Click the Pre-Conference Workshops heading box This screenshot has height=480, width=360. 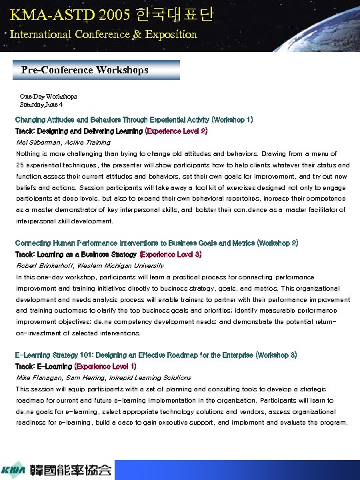97,70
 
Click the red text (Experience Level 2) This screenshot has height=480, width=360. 176,131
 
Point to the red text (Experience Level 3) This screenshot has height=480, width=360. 171,255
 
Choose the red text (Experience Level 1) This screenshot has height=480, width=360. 106,367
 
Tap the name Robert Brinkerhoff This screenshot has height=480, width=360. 42,265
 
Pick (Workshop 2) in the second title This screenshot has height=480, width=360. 276,243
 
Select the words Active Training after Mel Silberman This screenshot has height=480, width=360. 88,143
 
